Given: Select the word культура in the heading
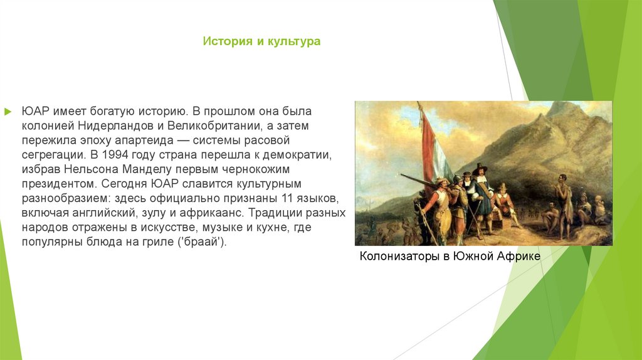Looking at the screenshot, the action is [x=294, y=41].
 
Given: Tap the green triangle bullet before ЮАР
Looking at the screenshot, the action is [x=8, y=112].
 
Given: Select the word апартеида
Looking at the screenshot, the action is [x=144, y=140].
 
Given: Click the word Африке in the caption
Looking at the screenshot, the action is [x=518, y=257].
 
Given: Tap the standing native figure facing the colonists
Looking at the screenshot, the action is [x=564, y=201].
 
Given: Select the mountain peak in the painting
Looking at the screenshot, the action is [x=561, y=107].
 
